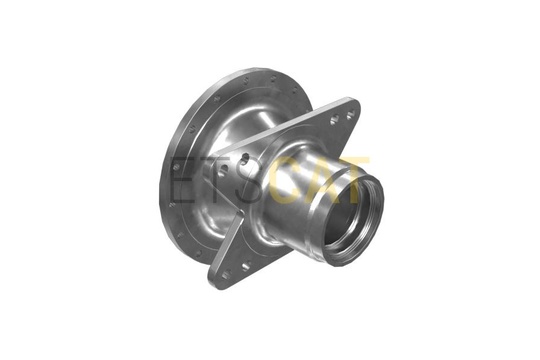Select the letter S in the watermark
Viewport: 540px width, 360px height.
point(250,179)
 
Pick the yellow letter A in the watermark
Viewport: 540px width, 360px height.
point(319,179)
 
